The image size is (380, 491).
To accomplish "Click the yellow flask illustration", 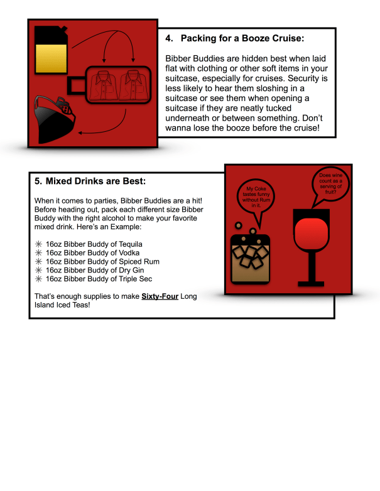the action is tap(51, 50).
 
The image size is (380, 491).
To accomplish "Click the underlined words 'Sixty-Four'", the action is tap(160, 296).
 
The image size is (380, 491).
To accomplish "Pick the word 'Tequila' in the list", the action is tap(130, 244).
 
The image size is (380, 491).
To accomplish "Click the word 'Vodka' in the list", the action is tap(129, 252).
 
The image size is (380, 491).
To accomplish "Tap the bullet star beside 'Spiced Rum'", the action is tap(38, 261).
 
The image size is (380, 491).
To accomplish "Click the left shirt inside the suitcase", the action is tap(103, 85).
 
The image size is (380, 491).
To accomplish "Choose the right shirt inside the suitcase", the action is tap(133, 85).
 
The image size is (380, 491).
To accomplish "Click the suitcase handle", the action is tap(76, 85).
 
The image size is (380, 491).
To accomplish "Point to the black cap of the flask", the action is tap(51, 35).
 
